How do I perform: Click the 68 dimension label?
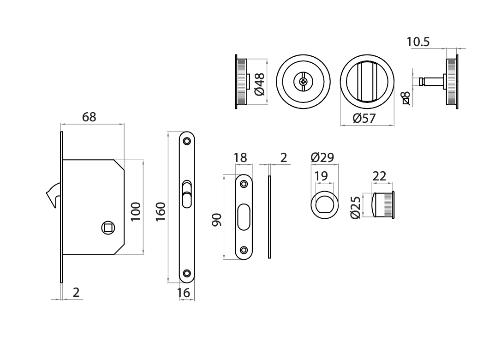point(89,117)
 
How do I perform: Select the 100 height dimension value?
point(135,211)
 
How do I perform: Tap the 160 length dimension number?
point(161,211)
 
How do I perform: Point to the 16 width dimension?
point(183,293)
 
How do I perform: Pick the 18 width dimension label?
point(240,158)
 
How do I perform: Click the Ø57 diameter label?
point(364,119)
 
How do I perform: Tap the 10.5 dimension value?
point(418,42)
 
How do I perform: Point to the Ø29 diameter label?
point(322,158)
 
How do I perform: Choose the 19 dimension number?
point(321,176)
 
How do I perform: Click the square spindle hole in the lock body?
point(107,227)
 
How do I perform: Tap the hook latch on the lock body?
point(52,195)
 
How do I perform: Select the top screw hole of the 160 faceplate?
point(187,141)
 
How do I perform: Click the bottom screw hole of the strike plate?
point(244,251)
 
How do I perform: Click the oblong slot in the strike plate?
point(244,218)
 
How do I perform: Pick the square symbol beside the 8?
point(406,102)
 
